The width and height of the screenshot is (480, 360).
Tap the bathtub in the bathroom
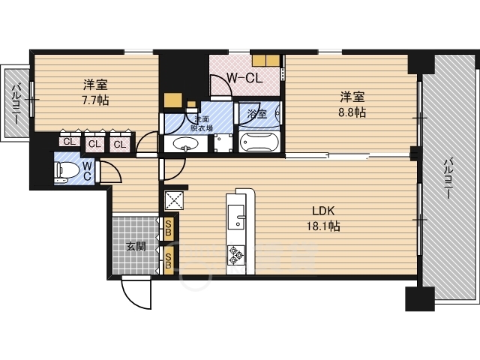click(259, 142)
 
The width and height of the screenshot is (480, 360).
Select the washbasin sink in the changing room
click(186, 143)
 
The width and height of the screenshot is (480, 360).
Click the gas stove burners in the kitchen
click(236, 255)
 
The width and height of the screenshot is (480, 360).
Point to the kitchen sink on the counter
click(236, 217)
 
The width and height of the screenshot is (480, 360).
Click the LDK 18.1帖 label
click(323, 218)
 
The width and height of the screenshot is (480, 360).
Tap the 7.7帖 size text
click(95, 100)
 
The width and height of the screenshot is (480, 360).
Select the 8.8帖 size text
click(352, 112)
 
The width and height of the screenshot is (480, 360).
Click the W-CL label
click(244, 79)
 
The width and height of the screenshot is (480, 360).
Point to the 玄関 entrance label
click(136, 246)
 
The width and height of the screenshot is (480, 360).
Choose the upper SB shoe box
click(168, 229)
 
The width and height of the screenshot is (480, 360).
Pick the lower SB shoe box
click(168, 260)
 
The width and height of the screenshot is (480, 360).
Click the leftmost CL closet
click(70, 142)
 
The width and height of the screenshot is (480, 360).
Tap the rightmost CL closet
click(120, 143)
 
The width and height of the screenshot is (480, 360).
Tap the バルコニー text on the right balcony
click(448, 178)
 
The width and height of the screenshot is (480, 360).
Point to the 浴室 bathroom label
click(257, 114)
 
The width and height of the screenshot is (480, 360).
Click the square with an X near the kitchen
click(174, 200)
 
